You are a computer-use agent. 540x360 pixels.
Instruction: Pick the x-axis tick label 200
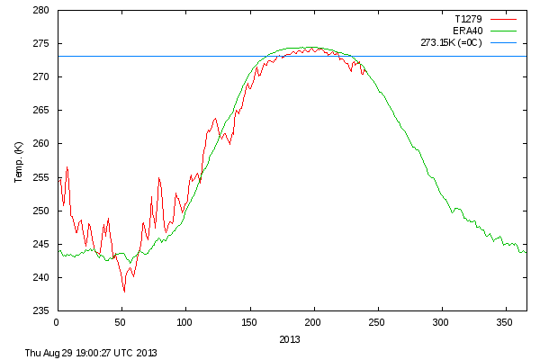313,321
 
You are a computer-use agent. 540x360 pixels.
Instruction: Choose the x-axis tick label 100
185,321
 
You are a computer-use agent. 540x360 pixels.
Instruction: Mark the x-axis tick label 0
57,321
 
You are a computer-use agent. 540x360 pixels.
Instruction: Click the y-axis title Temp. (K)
19,161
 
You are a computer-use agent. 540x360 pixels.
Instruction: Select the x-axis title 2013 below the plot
290,339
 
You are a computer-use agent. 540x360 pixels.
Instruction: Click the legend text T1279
464,18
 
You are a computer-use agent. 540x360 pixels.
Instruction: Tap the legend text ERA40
466,30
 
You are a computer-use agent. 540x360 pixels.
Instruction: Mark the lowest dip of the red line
124,292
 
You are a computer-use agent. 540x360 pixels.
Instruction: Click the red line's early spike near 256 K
67,167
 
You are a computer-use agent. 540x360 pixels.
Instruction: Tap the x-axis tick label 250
377,321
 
